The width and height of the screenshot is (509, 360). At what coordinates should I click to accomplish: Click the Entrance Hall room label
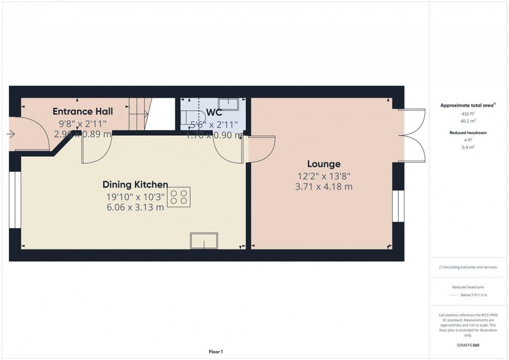[x=83, y=111]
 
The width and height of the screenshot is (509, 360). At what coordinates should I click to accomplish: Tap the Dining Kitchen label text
[x=135, y=184]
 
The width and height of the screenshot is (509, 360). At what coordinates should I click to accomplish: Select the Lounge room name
[x=323, y=164]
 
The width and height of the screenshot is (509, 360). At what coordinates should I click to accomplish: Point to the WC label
[x=214, y=112]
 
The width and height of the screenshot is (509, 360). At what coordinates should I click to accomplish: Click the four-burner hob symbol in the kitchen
[x=179, y=197]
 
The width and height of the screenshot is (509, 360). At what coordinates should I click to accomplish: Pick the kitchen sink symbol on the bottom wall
[x=204, y=241]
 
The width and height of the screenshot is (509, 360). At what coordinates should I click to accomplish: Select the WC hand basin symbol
[x=229, y=104]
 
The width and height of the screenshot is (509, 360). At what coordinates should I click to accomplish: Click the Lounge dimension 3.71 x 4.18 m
[x=323, y=187]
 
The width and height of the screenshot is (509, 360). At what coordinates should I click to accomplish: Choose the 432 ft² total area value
[x=468, y=114]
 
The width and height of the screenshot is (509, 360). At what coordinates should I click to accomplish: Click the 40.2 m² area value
[x=468, y=121]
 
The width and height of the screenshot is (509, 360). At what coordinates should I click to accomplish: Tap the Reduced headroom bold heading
[x=468, y=133]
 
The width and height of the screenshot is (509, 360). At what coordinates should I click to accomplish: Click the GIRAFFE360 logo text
[x=468, y=345]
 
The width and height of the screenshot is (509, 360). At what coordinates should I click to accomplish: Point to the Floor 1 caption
[x=216, y=352]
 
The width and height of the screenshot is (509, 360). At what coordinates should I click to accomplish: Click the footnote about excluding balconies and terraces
[x=468, y=267]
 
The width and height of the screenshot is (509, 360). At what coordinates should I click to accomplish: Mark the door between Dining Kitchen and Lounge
[x=261, y=149]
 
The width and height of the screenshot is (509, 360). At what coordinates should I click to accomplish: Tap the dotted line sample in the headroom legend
[x=453, y=295]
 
